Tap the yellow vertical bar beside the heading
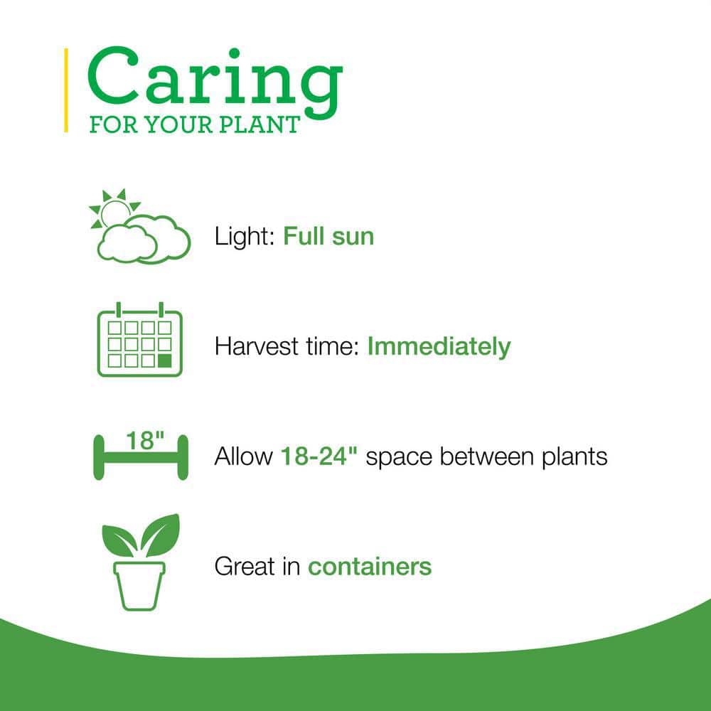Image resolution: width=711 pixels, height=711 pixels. (66, 90)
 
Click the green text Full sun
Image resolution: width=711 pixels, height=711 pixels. (328, 236)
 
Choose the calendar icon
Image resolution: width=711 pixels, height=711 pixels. (139, 341)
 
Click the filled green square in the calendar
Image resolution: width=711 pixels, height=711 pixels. (165, 360)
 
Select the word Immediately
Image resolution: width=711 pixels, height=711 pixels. (439, 347)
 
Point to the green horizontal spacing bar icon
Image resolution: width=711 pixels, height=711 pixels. (140, 457)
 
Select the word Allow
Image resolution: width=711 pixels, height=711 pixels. (242, 456)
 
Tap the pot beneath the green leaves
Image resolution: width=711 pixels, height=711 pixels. (140, 583)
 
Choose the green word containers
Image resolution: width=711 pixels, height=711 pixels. (370, 567)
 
